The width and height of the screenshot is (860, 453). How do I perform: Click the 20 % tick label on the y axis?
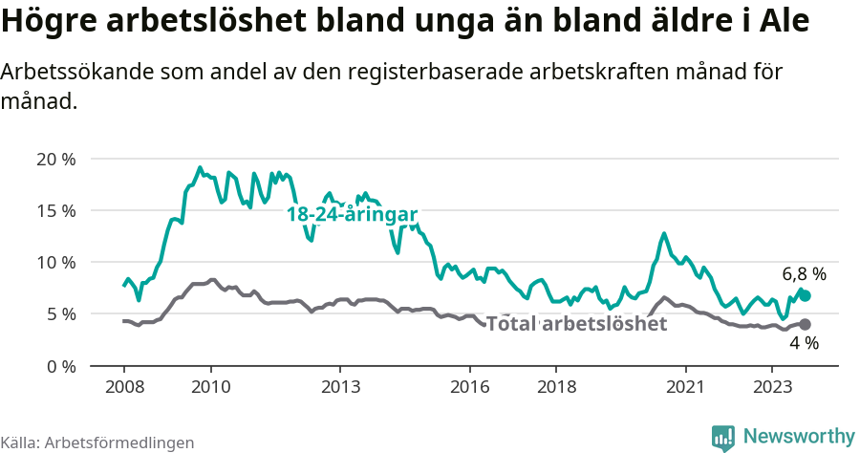point(55,159)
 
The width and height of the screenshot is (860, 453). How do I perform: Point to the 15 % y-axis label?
point(55,210)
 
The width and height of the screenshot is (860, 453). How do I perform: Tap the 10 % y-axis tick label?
point(55,262)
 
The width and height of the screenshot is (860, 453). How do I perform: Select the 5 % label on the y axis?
point(59,313)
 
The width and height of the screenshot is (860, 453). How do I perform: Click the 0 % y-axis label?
point(59,366)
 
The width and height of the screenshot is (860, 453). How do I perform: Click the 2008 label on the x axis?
point(124,387)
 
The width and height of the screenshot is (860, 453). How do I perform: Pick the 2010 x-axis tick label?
point(210,387)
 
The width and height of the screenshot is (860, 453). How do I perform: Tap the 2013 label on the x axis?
point(340,387)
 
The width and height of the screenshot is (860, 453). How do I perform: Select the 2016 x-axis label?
point(469,387)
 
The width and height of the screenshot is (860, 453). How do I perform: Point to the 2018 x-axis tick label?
point(556,387)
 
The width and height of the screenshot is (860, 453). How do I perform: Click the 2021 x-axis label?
point(685,387)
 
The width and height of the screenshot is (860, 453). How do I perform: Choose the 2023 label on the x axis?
point(772,387)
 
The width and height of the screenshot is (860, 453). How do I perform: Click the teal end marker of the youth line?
point(805,296)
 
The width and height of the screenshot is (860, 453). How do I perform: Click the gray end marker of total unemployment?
point(805,325)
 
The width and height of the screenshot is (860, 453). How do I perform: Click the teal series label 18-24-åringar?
point(353,215)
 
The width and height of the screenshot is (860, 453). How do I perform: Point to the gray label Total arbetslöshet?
point(576,324)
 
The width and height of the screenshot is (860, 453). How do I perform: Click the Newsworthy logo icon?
point(723,437)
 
